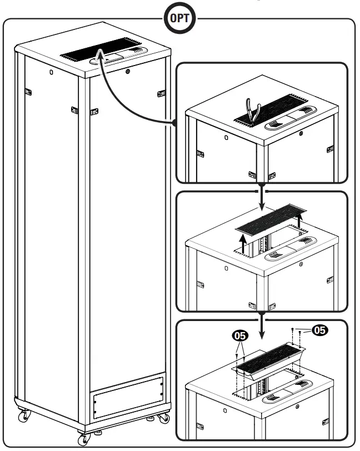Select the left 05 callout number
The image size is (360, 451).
point(240,336)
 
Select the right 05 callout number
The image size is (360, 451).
point(319,329)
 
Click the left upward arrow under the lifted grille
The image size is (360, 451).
point(242,242)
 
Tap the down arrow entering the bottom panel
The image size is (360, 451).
point(262,329)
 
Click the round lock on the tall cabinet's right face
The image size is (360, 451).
point(127,71)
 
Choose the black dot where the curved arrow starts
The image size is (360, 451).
point(175,123)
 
